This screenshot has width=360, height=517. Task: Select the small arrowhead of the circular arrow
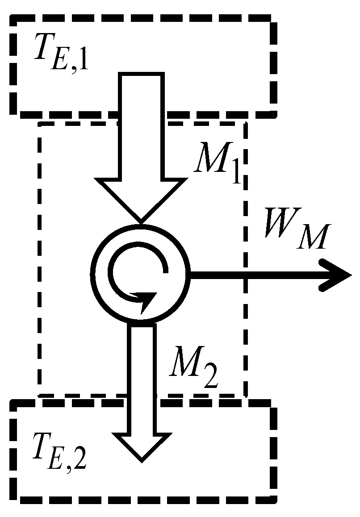(146, 302)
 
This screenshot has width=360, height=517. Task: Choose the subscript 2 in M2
(208, 379)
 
